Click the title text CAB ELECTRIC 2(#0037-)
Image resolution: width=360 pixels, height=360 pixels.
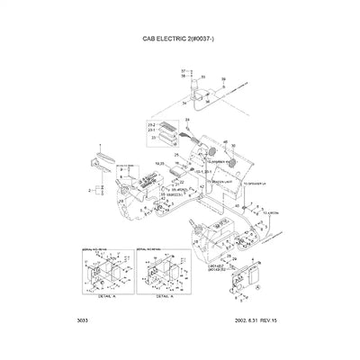tap(181, 40)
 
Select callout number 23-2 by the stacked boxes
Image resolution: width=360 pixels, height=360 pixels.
tap(151, 123)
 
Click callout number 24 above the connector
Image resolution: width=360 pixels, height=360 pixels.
tap(186, 120)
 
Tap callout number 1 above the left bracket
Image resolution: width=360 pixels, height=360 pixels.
tap(101, 146)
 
